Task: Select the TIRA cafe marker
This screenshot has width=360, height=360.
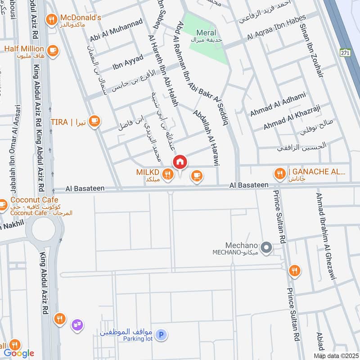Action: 94,121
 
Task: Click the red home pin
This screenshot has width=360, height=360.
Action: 180,162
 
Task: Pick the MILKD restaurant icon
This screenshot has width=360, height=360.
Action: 168,173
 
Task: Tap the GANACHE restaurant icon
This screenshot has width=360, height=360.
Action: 279,172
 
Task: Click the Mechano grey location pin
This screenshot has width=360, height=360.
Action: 266,247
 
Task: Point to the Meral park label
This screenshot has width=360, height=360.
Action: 206,33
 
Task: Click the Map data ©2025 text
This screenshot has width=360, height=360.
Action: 337,356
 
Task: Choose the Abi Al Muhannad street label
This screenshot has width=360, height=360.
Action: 116,31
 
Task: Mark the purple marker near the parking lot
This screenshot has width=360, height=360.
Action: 76,323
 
